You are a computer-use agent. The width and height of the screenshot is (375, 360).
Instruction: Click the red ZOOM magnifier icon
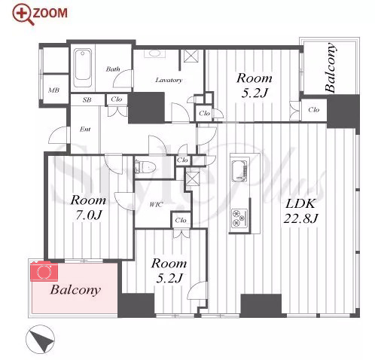(x=23, y=14)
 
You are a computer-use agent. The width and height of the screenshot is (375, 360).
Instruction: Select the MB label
(x=54, y=90)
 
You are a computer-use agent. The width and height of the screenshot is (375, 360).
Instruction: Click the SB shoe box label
(x=87, y=100)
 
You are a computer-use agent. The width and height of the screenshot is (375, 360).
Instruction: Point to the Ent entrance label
(x=85, y=130)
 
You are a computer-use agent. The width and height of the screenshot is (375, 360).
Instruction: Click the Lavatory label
(x=169, y=80)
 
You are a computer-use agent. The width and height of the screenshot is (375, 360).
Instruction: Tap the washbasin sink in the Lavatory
(x=154, y=53)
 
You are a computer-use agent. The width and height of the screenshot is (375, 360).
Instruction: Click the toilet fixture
(x=145, y=166)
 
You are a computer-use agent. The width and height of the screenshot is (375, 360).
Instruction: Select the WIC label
(x=156, y=205)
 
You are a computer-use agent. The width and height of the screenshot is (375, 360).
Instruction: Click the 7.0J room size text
(x=89, y=215)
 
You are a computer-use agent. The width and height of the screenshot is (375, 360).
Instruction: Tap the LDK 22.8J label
(x=300, y=211)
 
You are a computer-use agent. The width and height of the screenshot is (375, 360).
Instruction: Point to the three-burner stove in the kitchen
(x=239, y=218)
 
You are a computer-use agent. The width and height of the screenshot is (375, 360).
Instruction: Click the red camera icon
(x=44, y=271)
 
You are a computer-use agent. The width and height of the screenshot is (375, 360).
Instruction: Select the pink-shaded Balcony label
(x=75, y=290)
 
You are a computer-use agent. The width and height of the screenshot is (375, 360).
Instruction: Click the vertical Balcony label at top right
(x=330, y=68)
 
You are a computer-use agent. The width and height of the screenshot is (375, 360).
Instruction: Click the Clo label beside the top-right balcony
(x=314, y=110)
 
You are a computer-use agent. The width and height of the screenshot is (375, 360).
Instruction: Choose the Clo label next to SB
(x=117, y=99)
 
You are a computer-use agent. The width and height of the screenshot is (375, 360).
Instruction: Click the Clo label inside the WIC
(x=181, y=221)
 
